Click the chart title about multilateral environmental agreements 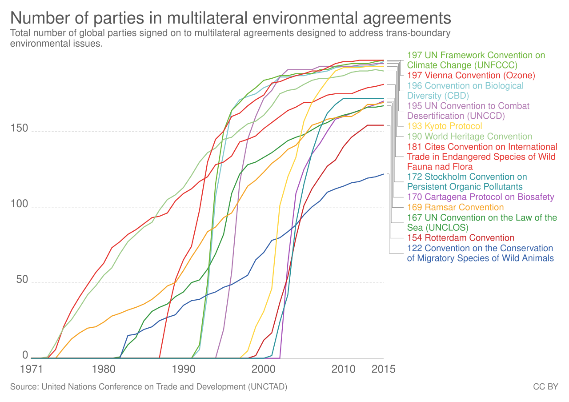pos(230,18)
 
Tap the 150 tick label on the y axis pos(19,128)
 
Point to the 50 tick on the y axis pos(22,280)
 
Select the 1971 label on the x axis pos(32,369)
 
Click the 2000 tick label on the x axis pos(264,369)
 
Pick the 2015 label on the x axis pos(384,369)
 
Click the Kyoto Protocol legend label pos(445,126)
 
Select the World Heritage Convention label pos(470,137)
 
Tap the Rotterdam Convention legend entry pos(461,238)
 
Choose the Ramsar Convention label pos(456,207)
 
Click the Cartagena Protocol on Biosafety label pos(481,197)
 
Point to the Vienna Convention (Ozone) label pos(471,76)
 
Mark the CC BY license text pos(545,387)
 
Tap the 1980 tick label pos(104,369)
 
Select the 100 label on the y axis pos(19,204)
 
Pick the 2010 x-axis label pos(344,369)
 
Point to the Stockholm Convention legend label pos(467,182)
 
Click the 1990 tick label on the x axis pos(184,369)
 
